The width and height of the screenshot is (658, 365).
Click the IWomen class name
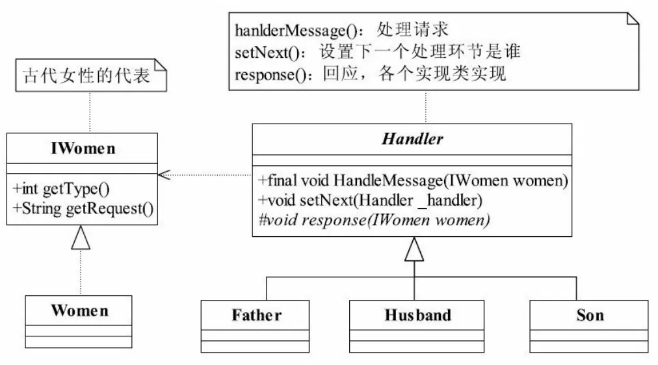pyautogui.click(x=83, y=148)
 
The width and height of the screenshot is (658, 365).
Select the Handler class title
pyautogui.click(x=413, y=139)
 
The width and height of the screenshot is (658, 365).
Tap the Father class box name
pyautogui.click(x=257, y=316)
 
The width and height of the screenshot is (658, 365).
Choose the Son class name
pyautogui.click(x=590, y=316)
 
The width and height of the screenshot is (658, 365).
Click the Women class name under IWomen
pyautogui.click(x=79, y=310)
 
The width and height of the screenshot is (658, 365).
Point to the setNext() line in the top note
pyautogui.click(x=379, y=53)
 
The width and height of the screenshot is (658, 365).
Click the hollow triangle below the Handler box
pyautogui.click(x=414, y=251)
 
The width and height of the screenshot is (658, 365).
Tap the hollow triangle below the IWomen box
pyautogui.click(x=80, y=241)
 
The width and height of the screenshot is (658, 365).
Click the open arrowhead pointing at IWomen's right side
pyautogui.click(x=164, y=174)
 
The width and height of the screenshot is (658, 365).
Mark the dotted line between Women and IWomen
pyautogui.click(x=80, y=273)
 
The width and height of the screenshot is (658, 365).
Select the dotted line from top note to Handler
pyautogui.click(x=427, y=107)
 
